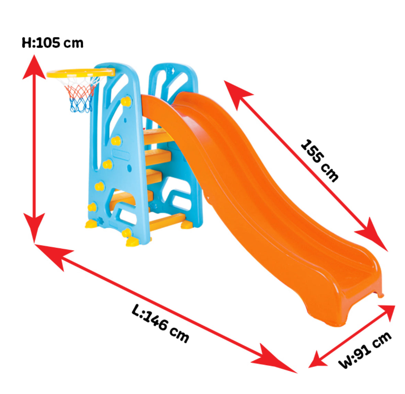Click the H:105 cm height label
[x=53, y=43]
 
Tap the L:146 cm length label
[x=161, y=324]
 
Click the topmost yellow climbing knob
[x=126, y=101]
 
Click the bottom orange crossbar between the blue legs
[x=167, y=221]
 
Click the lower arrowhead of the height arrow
[x=34, y=228]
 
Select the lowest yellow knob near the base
[x=126, y=233]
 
